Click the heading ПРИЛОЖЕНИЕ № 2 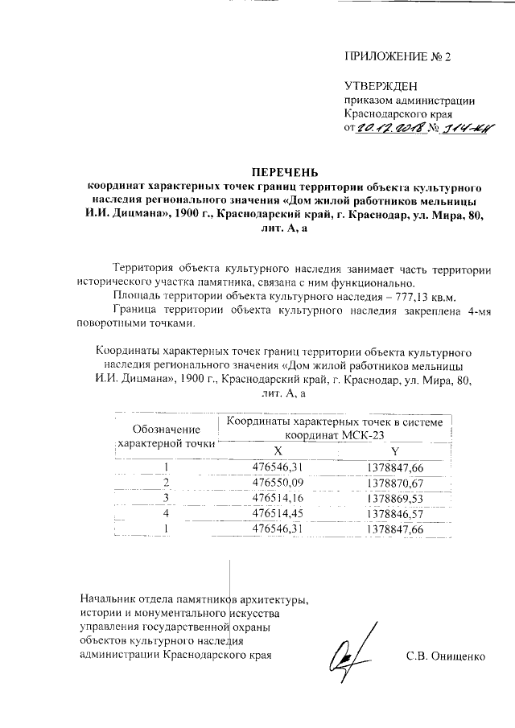[398, 57]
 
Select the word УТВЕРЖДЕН [381, 86]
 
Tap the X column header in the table [278, 450]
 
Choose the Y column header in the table [395, 450]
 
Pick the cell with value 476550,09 [278, 483]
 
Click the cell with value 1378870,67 [394, 483]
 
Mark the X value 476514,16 [278, 498]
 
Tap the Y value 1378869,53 [394, 498]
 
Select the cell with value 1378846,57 [394, 513]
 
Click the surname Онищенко [458, 656]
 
